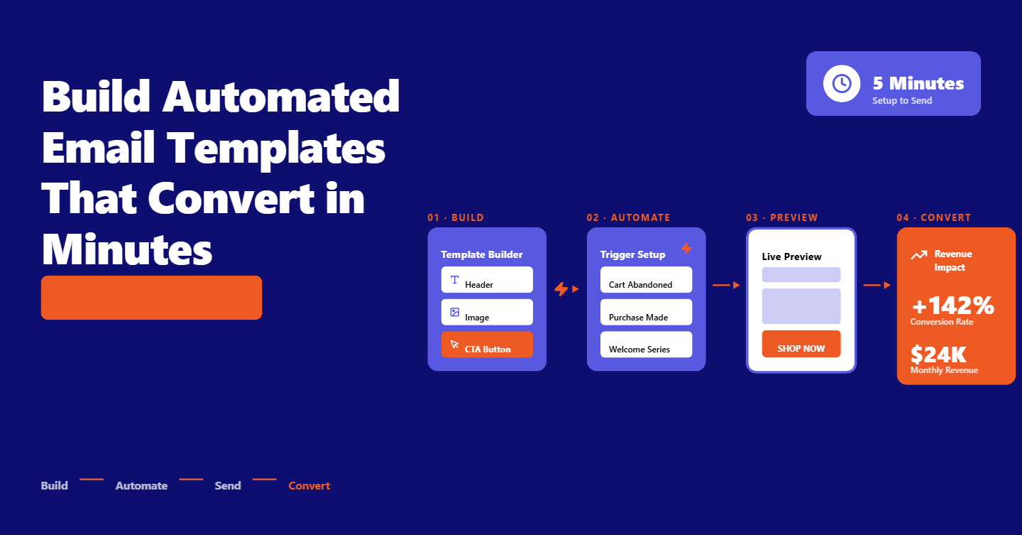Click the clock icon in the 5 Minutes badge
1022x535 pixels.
(x=842, y=83)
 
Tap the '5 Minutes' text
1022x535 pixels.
(x=918, y=84)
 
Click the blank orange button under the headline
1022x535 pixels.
(x=151, y=298)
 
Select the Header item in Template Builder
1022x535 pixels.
(x=487, y=280)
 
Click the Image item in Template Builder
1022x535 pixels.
(x=487, y=313)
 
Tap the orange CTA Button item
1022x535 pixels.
(x=487, y=345)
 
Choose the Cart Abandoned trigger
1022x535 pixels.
(x=646, y=280)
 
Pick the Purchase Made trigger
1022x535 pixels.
(x=646, y=313)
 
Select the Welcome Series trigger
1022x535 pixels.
(x=646, y=345)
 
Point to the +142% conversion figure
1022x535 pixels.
(x=953, y=306)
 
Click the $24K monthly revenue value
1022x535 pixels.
(x=938, y=354)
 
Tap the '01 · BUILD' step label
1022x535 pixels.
(x=456, y=217)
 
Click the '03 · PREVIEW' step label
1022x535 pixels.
(x=781, y=217)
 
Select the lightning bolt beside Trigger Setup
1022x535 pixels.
(x=686, y=248)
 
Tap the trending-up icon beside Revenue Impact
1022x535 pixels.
(x=919, y=254)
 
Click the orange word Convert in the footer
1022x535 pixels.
(x=309, y=486)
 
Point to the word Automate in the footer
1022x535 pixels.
(x=141, y=486)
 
